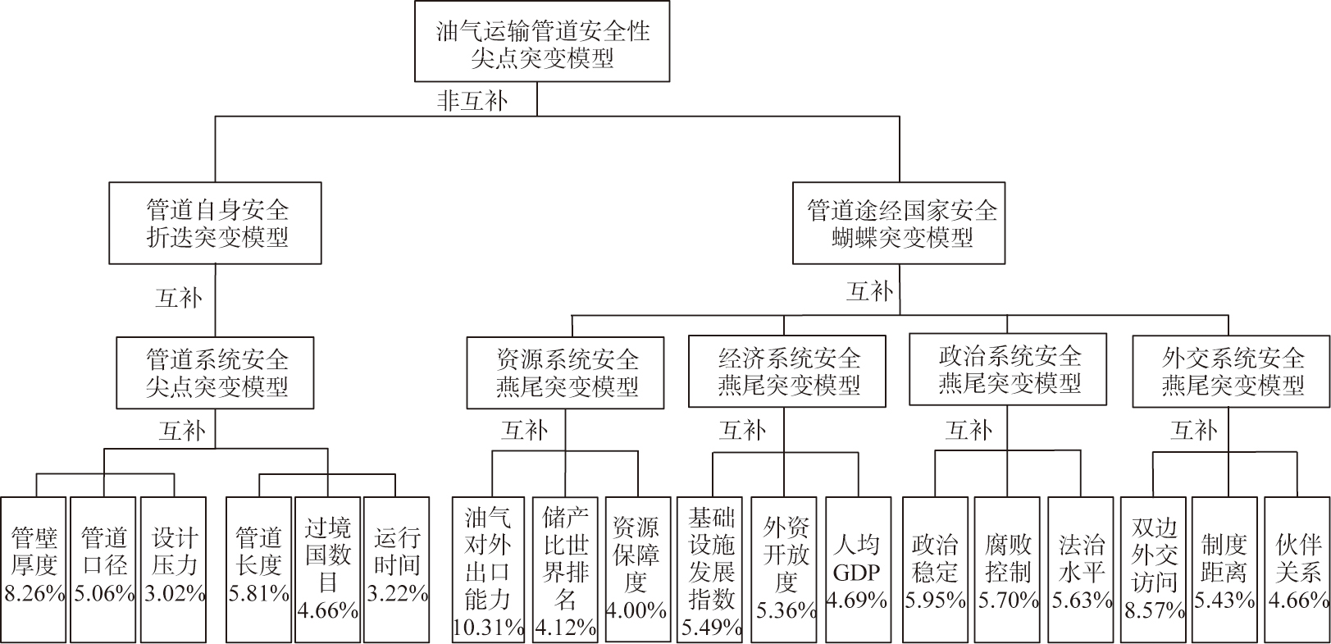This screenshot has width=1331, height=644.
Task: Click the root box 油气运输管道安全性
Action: pos(542,41)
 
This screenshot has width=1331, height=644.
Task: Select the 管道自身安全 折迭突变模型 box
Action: pos(215,223)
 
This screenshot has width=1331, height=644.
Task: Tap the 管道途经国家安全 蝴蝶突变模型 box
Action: pos(899,223)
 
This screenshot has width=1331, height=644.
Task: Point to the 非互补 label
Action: pos(472,100)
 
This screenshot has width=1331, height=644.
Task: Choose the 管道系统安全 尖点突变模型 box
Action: pos(215,372)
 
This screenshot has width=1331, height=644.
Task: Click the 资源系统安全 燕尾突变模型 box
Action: pos(565,372)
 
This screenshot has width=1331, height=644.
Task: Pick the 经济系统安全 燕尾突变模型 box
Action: pos(787,371)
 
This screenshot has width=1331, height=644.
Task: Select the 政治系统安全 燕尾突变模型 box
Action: pos(1008,369)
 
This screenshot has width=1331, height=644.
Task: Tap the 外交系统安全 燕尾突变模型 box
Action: pos(1231,371)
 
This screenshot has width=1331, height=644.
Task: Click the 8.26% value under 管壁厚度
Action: pos(34,593)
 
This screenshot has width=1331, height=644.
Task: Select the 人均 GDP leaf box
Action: pos(858,569)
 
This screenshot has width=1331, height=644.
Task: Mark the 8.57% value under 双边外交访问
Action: pos(1154,610)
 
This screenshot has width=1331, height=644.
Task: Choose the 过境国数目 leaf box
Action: pos(327,569)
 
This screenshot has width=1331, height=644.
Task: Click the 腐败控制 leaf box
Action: pos(1007,569)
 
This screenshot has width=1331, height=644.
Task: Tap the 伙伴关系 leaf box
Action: pos(1297,569)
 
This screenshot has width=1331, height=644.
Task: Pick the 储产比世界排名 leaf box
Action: pos(565,569)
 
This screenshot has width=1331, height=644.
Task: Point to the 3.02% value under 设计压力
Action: pos(175,593)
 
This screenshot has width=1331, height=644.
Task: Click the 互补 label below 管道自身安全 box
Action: pos(179,297)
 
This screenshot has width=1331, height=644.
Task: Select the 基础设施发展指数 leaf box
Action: pos(710,569)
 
